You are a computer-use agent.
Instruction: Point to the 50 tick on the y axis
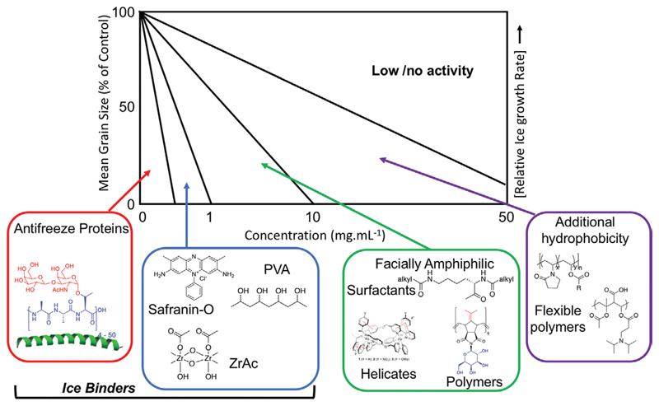pyautogui.click(x=129, y=107)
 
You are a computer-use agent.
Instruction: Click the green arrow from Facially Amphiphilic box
pyautogui.click(x=346, y=206)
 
